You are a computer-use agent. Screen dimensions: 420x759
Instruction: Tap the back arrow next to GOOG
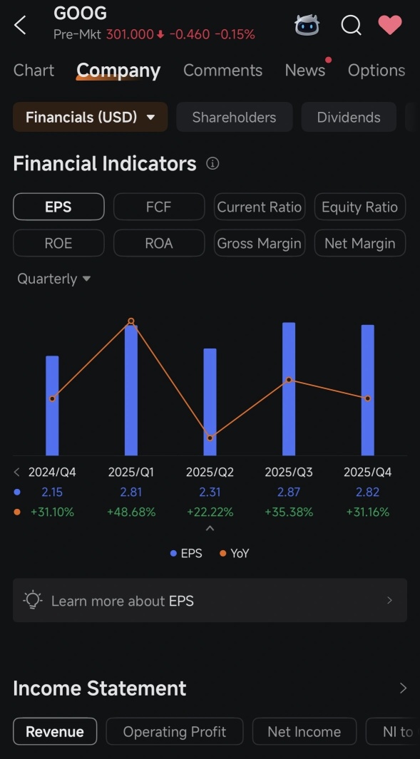(x=20, y=25)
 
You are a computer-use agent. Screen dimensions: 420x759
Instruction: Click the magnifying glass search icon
(x=352, y=25)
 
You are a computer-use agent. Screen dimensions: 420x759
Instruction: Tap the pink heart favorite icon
(x=390, y=25)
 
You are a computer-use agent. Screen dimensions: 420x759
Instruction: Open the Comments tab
(x=223, y=70)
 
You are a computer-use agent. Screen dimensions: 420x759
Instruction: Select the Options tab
(x=377, y=70)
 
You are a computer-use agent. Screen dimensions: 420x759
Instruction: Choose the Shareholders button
(x=235, y=117)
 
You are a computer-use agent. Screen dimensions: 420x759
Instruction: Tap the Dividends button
(x=349, y=117)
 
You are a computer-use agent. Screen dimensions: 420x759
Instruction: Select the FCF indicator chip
(x=159, y=207)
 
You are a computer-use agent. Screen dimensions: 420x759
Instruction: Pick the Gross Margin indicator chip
(x=260, y=243)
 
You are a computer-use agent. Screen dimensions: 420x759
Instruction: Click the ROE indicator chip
(x=58, y=243)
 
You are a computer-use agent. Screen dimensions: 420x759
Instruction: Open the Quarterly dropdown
(x=53, y=279)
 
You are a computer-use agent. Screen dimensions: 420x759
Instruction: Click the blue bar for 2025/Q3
(x=289, y=388)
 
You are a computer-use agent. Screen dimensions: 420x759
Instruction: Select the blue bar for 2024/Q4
(x=52, y=406)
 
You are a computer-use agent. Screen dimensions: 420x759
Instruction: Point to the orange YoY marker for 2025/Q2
(x=210, y=438)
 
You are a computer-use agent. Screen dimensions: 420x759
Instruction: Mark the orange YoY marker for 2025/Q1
(x=130, y=321)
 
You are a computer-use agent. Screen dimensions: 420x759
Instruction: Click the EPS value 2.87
(x=289, y=492)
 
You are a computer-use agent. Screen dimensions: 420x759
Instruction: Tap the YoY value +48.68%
(x=131, y=512)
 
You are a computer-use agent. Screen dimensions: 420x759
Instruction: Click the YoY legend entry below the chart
(x=234, y=553)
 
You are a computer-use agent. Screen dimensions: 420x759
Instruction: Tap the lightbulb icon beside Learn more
(x=33, y=600)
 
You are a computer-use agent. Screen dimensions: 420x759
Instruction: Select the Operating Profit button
(x=175, y=731)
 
